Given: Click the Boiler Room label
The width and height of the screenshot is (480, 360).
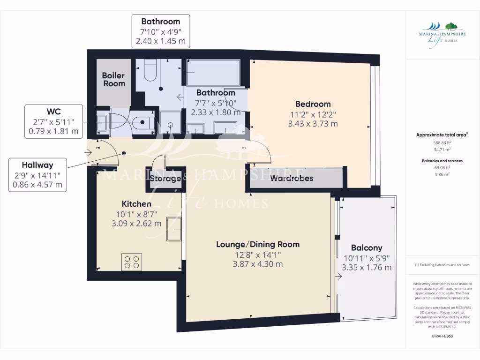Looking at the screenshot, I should (113, 79).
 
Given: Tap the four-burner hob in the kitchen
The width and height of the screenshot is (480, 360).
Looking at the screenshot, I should (132, 262).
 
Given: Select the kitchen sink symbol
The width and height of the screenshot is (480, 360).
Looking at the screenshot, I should (173, 229).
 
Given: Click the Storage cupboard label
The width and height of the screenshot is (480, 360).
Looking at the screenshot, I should (165, 179).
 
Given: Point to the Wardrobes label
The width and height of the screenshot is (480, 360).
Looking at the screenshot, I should (292, 178).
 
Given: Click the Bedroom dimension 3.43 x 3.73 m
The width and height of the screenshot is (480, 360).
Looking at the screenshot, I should (313, 124).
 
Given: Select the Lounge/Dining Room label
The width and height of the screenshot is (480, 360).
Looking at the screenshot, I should (257, 244).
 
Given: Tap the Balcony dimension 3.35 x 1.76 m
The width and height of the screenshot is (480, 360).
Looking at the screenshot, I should (367, 268).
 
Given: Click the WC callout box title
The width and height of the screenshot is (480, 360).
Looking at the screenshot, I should (53, 112).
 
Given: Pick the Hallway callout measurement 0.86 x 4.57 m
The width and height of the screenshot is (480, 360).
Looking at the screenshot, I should (38, 185).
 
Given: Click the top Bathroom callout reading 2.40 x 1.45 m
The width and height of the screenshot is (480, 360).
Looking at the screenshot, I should (160, 41).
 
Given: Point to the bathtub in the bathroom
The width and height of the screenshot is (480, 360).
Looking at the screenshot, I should (213, 73).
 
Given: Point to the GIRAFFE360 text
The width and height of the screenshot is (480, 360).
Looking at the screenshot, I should (442, 336).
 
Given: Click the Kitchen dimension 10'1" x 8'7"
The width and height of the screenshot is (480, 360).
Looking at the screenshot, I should (136, 214).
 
